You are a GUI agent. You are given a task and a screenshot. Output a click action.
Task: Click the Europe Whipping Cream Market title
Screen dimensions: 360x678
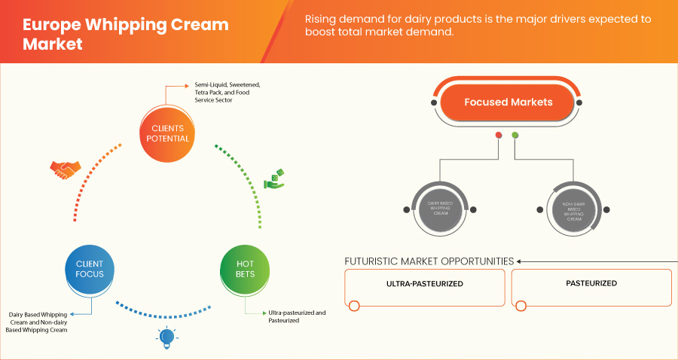[125, 34]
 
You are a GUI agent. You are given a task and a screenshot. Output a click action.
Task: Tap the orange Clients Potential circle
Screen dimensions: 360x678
[166, 133]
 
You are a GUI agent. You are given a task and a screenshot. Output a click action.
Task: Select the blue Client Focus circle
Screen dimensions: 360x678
[89, 269]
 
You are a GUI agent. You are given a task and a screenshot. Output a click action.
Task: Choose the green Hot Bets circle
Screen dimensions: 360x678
[245, 269]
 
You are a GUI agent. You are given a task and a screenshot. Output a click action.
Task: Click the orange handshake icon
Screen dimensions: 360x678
[63, 170]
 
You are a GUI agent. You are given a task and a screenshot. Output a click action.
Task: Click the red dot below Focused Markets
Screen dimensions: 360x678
[498, 136]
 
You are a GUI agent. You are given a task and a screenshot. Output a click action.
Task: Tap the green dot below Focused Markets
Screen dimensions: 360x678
[515, 136]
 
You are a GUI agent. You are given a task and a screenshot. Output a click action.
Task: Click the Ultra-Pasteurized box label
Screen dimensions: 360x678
[425, 284]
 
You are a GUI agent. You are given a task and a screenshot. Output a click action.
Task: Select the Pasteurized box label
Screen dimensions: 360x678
[591, 284]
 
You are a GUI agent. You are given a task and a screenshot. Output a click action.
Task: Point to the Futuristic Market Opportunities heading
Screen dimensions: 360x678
[429, 261]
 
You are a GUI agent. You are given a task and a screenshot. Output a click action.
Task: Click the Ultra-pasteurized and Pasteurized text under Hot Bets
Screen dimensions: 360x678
[297, 316]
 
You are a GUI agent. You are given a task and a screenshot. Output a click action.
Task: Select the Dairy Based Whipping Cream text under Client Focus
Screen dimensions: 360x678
[38, 322]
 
